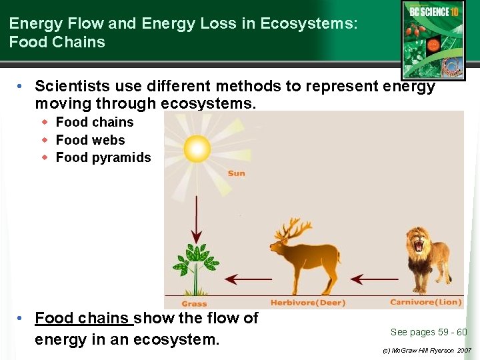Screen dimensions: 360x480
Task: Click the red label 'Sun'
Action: coord(236,173)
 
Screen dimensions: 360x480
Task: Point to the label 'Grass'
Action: coord(194,303)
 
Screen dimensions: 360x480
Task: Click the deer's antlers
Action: coord(292,230)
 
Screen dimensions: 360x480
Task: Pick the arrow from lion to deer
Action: coord(377,279)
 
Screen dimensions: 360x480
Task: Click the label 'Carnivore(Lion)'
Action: coord(425,302)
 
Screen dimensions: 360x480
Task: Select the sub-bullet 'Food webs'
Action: coord(90,140)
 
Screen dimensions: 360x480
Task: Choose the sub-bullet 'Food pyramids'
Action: coord(103,158)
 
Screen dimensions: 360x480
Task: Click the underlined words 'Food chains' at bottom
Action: coord(83,318)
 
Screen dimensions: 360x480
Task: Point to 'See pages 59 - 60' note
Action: coord(428,332)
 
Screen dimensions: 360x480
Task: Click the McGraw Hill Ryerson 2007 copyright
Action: coord(426,350)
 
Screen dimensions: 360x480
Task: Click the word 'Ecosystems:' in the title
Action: coord(309,23)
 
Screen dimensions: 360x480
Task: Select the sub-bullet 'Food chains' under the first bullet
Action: coord(95,122)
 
